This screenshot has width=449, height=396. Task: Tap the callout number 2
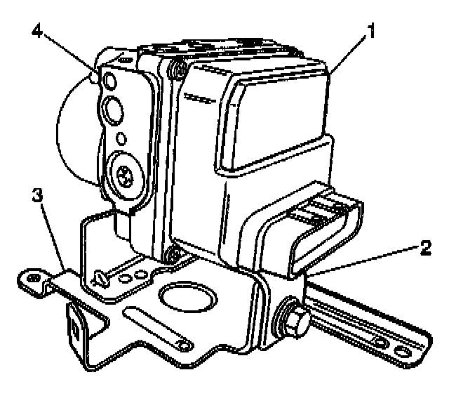(426, 246)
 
